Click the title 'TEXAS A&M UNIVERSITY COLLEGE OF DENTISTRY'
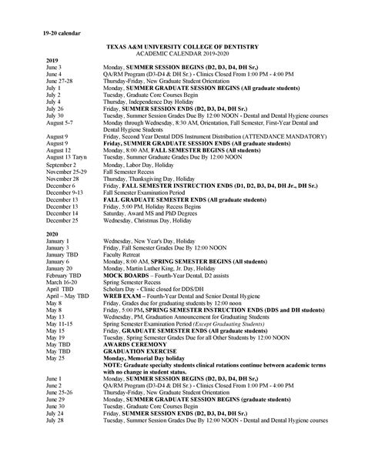click(182, 47)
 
